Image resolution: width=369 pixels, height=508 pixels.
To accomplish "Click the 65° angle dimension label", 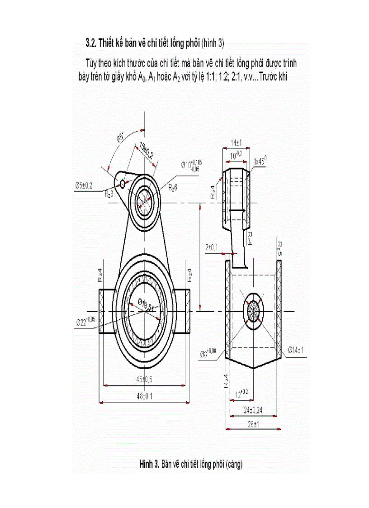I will (x=121, y=138).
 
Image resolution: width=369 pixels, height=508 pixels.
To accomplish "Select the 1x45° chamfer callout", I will (x=260, y=160).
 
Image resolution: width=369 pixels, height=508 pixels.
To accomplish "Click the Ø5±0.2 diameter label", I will (x=84, y=185).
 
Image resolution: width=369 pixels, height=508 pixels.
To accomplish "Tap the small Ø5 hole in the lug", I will (x=122, y=183).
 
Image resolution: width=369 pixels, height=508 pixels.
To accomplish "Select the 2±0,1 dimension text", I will (x=211, y=247).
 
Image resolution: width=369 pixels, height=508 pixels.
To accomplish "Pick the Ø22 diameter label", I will (x=85, y=321).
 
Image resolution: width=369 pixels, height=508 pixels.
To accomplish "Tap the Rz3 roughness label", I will (x=109, y=194).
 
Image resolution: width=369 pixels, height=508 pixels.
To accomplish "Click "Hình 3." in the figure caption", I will (x=149, y=464).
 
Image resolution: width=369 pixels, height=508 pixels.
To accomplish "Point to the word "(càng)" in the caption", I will (x=233, y=464).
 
